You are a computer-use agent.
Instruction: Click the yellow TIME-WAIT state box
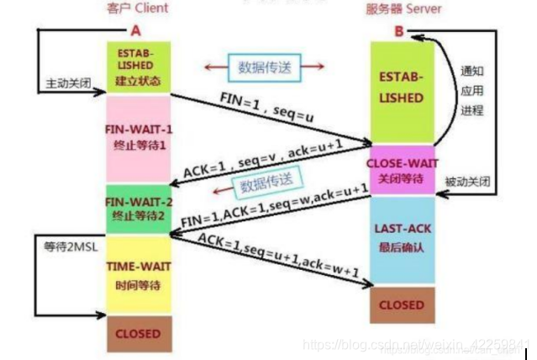(139, 274)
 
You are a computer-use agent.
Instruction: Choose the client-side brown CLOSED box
(139, 334)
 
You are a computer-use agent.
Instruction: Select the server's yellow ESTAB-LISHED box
(402, 88)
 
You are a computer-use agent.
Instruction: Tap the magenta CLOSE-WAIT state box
(402, 170)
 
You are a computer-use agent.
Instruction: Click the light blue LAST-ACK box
(402, 240)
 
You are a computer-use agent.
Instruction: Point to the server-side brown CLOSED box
(402, 304)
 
